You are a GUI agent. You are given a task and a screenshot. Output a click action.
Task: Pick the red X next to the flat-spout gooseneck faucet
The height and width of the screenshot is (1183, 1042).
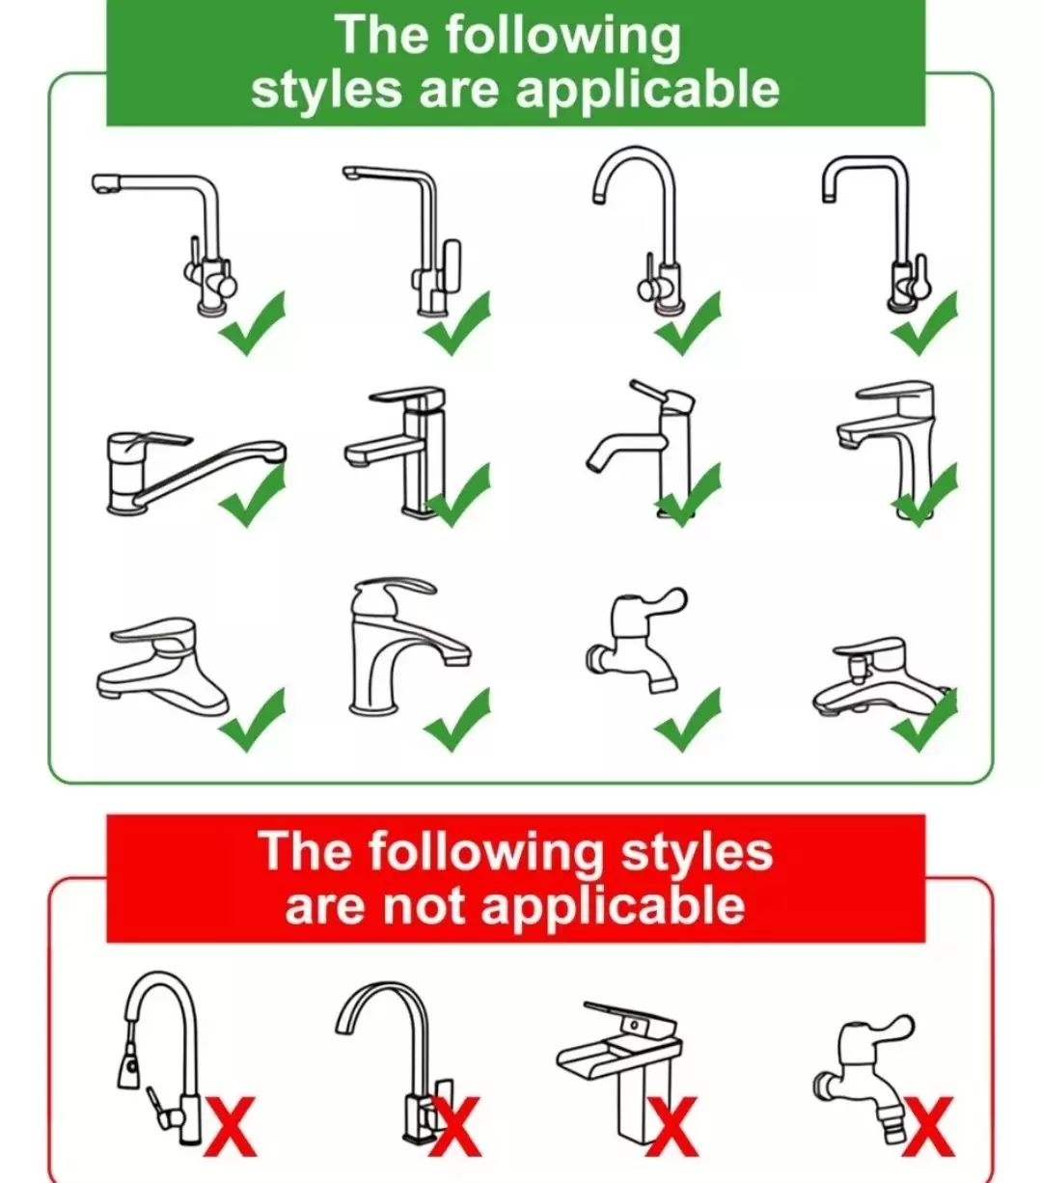456,1127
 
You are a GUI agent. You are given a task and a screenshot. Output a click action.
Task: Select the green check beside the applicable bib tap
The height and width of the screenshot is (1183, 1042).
687,719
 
